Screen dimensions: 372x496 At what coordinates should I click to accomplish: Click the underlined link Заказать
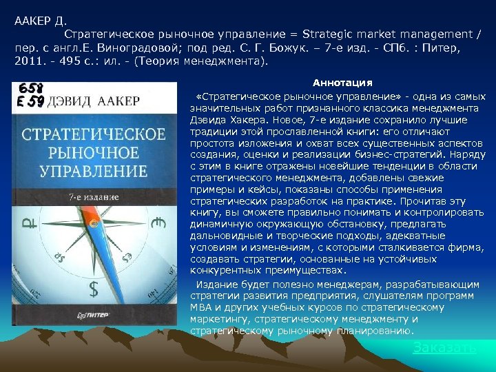point(444,348)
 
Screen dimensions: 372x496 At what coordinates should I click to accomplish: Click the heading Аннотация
point(342,83)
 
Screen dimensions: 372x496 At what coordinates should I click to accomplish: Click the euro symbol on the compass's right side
point(161,222)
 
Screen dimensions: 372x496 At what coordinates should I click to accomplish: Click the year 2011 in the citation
point(27,61)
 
